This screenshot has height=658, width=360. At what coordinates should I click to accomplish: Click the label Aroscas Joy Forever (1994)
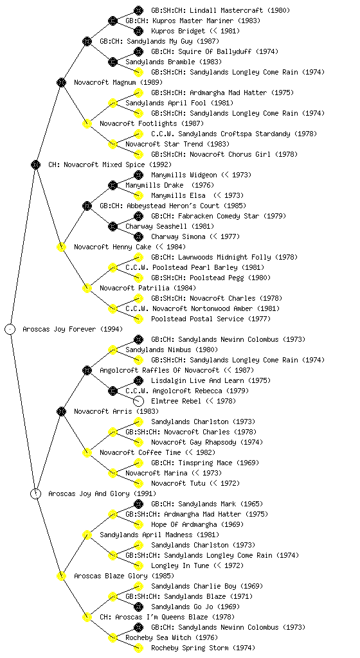(x=73, y=330)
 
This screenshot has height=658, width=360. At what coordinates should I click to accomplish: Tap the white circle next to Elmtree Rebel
(x=138, y=401)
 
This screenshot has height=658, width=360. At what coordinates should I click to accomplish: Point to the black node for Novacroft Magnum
(x=61, y=82)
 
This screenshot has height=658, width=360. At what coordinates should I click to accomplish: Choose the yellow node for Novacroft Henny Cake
(x=61, y=247)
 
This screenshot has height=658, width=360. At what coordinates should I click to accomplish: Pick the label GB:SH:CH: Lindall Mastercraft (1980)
(x=221, y=10)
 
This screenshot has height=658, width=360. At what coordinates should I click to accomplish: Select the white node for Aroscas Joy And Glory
(x=35, y=493)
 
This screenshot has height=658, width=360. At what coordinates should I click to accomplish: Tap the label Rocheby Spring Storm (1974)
(x=203, y=648)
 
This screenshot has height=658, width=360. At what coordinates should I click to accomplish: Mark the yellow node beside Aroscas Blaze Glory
(x=61, y=576)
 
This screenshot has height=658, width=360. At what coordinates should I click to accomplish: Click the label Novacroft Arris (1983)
(x=116, y=412)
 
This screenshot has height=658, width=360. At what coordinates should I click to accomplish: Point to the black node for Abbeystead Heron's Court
(x=87, y=206)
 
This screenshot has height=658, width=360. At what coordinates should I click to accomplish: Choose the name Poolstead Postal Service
(x=197, y=319)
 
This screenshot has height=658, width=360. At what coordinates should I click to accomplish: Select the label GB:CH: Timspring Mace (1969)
(x=205, y=463)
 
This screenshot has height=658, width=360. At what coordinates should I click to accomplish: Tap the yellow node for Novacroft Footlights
(x=87, y=123)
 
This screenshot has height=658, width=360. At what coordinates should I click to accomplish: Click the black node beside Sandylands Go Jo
(x=138, y=607)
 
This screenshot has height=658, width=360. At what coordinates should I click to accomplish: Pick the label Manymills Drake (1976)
(x=170, y=186)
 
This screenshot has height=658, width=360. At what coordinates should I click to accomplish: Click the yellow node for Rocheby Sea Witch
(x=113, y=638)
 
